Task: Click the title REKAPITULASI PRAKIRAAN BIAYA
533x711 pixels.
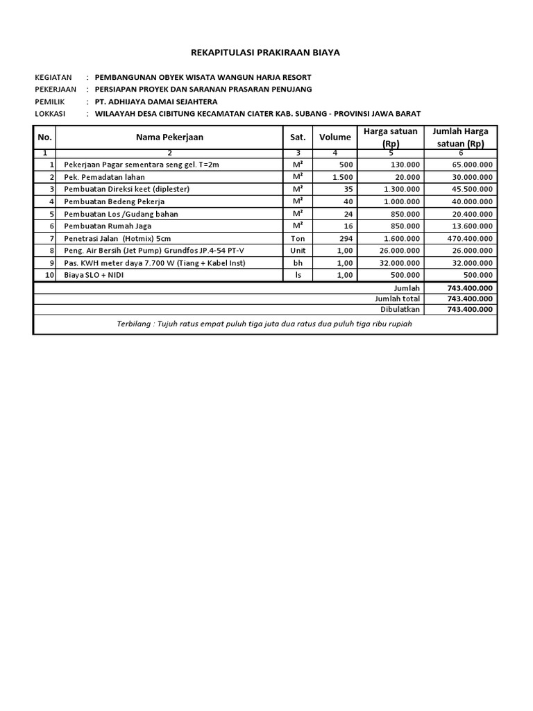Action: tap(266, 53)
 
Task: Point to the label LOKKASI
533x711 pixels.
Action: tap(49, 114)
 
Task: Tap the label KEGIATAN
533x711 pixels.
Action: tap(51, 76)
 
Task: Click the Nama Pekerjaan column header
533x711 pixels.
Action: tap(169, 137)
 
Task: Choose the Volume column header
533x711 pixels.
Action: tap(335, 137)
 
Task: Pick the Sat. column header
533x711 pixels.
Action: tap(298, 137)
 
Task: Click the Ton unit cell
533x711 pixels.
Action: tap(298, 239)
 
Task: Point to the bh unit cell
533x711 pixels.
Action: tap(298, 263)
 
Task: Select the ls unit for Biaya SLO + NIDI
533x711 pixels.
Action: tap(298, 276)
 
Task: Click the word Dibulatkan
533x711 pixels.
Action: tap(400, 310)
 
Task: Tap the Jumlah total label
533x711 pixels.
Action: tap(398, 299)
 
